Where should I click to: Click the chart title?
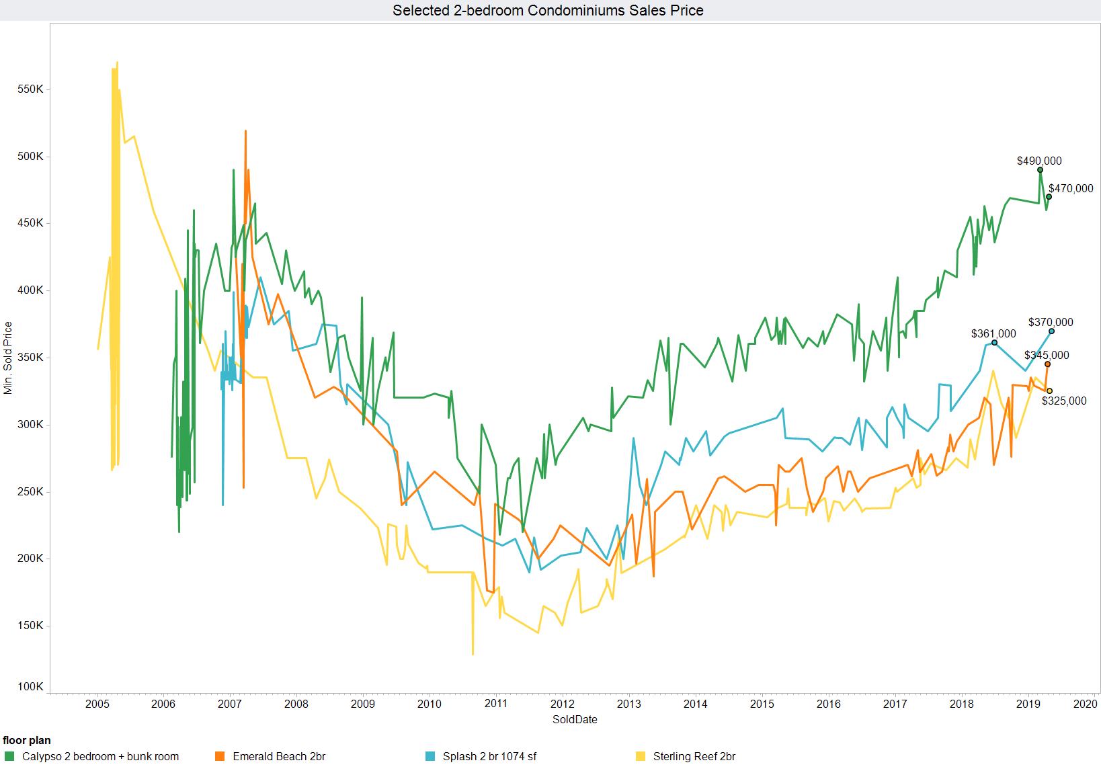(548, 10)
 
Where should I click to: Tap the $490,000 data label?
(1039, 161)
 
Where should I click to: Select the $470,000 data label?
(1071, 189)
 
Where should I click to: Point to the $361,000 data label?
(993, 334)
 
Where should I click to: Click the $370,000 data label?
(1051, 323)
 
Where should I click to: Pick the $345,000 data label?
(1047, 356)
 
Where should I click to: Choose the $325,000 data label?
(1064, 401)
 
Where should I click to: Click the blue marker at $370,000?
(1052, 331)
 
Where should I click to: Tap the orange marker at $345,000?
(1047, 364)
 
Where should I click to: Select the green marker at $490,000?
(1040, 170)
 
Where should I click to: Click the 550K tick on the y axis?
(30, 89)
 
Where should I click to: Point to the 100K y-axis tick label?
(30, 687)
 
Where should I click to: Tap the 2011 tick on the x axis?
(496, 704)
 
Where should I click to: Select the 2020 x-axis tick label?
(1086, 704)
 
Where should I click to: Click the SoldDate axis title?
(575, 719)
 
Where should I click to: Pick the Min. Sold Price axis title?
(9, 358)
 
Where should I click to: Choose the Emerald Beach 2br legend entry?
(279, 757)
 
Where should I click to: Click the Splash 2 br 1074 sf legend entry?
(489, 757)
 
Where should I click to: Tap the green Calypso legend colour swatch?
(9, 757)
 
